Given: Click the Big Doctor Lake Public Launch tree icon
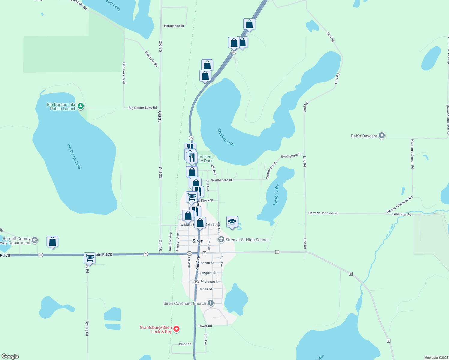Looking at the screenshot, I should click(80, 106).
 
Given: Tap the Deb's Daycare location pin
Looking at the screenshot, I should click(381, 136).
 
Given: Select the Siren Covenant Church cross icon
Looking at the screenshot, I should click(211, 303).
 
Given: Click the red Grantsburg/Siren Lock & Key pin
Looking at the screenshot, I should click(177, 329).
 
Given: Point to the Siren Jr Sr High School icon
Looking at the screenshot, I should click(221, 239).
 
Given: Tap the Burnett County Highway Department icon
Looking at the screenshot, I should click(35, 240).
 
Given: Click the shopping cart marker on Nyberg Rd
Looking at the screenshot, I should click(89, 258).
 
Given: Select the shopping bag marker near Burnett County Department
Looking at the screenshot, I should click(52, 241).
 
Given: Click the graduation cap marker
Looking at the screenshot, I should click(232, 222).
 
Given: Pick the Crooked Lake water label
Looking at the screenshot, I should click(226, 137).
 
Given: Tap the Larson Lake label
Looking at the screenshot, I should click(276, 195).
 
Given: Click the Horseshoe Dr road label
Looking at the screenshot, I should click(174, 26).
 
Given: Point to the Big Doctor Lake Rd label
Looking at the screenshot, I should click(143, 108).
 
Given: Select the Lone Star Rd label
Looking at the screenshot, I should click(402, 214).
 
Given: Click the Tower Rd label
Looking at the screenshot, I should click(205, 326).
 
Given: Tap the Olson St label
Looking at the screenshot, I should click(185, 344).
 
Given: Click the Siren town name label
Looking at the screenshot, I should click(198, 241).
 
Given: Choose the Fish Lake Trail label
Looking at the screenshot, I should click(124, 73).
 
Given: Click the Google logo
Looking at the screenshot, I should click(10, 356).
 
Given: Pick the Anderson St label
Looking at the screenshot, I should click(209, 282).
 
